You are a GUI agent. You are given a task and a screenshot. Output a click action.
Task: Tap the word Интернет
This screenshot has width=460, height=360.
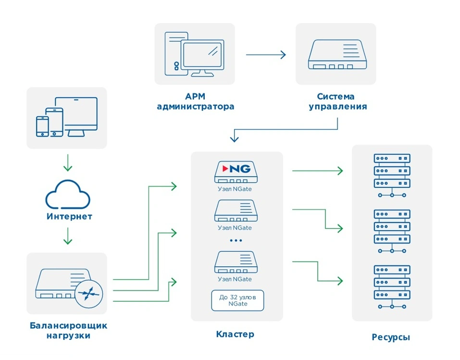pos(69,216)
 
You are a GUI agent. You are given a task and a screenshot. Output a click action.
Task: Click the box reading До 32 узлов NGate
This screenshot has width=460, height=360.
pos(237,300)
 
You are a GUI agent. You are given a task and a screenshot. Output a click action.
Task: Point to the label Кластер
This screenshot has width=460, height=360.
pos(235,334)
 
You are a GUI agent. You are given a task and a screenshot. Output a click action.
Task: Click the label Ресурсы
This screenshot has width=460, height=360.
pos(391,337)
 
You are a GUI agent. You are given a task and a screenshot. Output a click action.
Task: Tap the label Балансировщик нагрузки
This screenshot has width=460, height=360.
pos(68,330)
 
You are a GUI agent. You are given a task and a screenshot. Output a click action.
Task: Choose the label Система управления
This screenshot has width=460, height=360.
pos(337,101)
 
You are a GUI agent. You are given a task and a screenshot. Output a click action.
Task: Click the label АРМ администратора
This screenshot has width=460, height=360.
pos(195,101)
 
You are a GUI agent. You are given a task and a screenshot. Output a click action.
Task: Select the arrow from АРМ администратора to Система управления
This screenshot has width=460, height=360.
pos(266,55)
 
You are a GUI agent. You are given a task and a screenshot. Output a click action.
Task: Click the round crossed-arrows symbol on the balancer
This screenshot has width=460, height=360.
pos(88,294)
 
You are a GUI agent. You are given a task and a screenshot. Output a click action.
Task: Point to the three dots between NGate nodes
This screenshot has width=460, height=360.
pos(236,241)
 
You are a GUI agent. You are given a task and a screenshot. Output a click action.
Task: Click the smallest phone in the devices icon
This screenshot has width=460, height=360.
pos(42,126)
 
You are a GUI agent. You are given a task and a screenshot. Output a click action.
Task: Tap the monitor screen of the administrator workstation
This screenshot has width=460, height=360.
pos(202,55)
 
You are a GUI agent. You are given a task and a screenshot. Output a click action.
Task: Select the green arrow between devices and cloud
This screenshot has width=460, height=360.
pos(68,162)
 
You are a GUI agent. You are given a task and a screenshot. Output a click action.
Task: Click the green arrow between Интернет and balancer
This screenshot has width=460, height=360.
pos(68,236)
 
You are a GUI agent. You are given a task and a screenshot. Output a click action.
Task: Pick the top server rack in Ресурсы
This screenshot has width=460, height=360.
pos(392,175)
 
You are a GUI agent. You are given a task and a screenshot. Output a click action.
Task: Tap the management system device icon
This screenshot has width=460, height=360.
pos(337,55)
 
